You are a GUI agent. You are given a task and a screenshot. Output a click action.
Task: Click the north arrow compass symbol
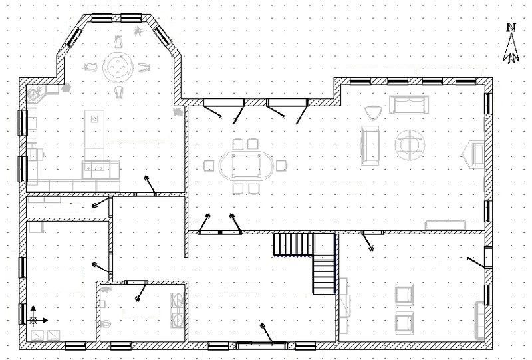[x=511, y=43]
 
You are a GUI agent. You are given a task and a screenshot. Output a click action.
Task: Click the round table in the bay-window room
[x=118, y=67]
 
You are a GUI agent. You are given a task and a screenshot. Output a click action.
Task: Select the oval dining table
[x=245, y=166]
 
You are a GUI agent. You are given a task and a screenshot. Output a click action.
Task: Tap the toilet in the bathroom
[x=106, y=323]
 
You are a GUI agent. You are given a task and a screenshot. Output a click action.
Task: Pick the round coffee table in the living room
[x=410, y=145]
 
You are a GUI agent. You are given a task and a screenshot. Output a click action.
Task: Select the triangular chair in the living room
[x=374, y=112]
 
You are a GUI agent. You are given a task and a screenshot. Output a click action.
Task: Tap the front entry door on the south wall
[x=261, y=345]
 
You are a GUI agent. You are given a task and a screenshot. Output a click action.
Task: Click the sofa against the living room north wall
[x=409, y=104]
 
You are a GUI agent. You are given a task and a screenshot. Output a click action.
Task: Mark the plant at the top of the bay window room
[x=138, y=31]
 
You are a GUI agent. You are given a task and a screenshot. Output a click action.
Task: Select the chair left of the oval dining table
[x=209, y=166]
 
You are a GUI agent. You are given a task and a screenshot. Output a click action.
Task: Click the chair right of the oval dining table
[x=281, y=166]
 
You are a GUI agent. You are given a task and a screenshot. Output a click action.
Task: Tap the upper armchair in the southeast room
[x=404, y=294]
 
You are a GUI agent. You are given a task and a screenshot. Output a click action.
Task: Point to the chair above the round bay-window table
[x=118, y=42]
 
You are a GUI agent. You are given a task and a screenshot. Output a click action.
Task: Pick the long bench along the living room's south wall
[x=445, y=225]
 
